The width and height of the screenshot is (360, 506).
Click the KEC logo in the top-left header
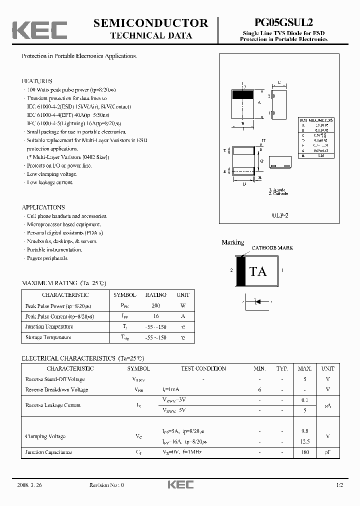click(x=40, y=29)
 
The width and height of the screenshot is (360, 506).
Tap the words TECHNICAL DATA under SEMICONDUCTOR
click(x=150, y=35)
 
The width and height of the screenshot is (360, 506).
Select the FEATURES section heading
click(x=37, y=80)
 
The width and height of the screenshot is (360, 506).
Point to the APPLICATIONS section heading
click(x=43, y=207)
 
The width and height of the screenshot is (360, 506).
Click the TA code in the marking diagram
click(x=258, y=271)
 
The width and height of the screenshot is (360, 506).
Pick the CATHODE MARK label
click(x=272, y=247)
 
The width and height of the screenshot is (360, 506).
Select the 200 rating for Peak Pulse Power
click(x=155, y=305)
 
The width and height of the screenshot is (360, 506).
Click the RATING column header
click(x=155, y=295)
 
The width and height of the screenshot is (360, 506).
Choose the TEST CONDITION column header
click(x=203, y=368)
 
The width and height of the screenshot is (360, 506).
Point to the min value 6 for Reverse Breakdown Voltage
click(x=259, y=389)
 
